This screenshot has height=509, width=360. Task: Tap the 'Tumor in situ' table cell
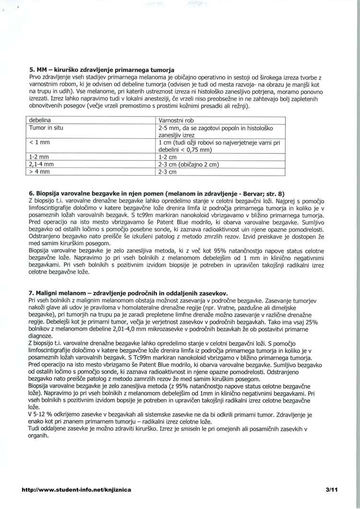pyautogui.click(x=46, y=128)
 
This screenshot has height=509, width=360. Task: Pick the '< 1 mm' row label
pyautogui.click(x=40, y=142)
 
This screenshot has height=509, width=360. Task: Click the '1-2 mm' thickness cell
pyautogui.click(x=39, y=157)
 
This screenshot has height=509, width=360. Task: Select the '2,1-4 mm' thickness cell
pyautogui.click(x=41, y=164)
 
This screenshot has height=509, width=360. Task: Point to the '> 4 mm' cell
pyautogui.click(x=40, y=171)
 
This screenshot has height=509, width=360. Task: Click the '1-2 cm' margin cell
pyautogui.click(x=168, y=157)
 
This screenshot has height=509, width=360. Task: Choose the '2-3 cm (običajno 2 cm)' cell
pyautogui.click(x=189, y=164)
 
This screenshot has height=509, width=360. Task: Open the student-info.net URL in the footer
pyautogui.click(x=76, y=489)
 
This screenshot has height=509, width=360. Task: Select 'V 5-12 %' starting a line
pyautogui.click(x=41, y=412)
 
